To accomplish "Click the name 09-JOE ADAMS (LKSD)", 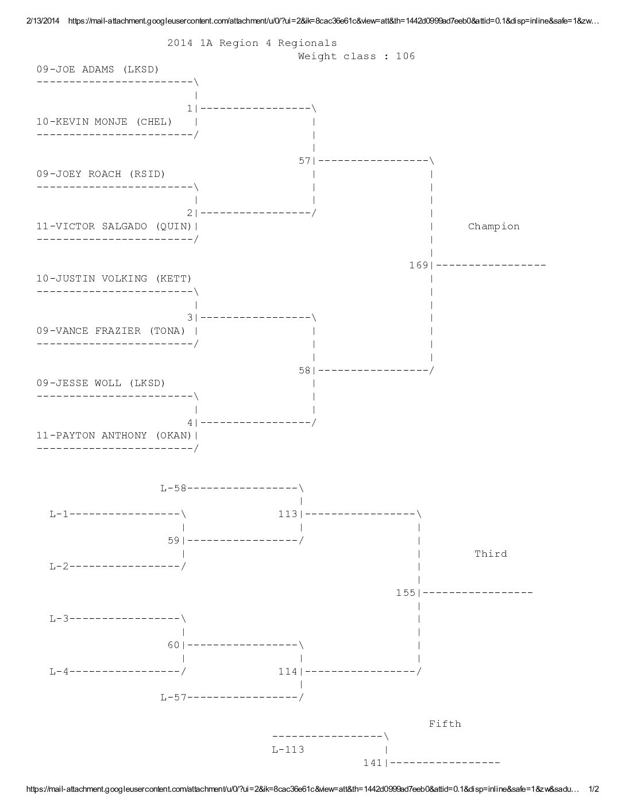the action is click(98, 70).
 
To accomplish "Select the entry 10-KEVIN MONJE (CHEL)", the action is click(104, 122).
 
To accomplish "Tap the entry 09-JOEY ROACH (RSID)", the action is click(101, 174).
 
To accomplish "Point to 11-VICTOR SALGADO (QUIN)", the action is click(114, 226).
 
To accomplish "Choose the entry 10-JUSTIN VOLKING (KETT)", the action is click(114, 279).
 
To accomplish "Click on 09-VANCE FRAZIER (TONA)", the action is click(111, 331).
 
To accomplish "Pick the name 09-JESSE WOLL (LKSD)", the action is click(101, 383).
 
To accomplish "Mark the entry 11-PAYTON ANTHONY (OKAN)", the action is click(114, 435).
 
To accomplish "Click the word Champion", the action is click(493, 226).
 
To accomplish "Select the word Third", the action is click(491, 554).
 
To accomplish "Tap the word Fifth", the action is click(445, 724).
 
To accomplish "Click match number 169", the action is click(419, 265).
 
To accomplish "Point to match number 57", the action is click(304, 161).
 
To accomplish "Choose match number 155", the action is click(406, 593).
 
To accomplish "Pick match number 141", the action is click(373, 763).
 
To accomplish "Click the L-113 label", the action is click(288, 749).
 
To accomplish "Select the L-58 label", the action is click(173, 488).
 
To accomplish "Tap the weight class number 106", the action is click(406, 56).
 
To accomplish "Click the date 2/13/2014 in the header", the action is click(43, 21).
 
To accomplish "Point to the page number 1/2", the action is click(594, 789).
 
